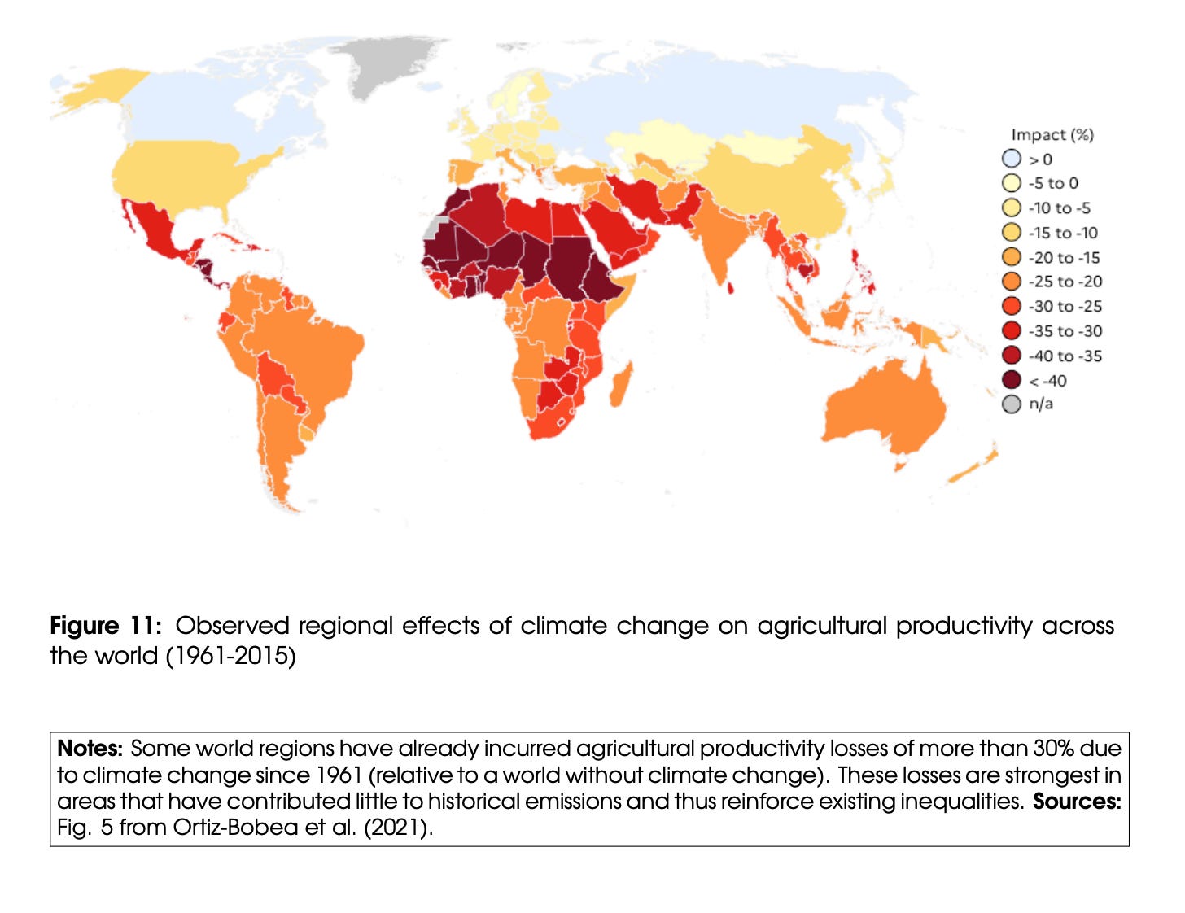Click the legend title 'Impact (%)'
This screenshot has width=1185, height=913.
point(1052,134)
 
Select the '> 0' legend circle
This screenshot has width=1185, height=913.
point(1011,159)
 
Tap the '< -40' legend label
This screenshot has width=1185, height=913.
point(1047,381)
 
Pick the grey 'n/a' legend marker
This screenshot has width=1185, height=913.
point(1011,404)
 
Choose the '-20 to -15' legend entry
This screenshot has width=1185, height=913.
point(1064,257)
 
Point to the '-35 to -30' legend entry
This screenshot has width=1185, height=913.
point(1065,331)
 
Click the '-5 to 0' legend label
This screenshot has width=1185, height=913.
point(1053,183)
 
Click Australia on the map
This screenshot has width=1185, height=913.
point(887,407)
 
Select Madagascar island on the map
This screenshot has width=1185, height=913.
point(621,385)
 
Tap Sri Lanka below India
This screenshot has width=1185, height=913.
point(731,287)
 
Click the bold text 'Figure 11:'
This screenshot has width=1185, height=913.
point(106,625)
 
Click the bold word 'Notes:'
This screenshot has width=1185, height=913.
point(90,748)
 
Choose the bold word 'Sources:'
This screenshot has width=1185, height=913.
point(1076,801)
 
